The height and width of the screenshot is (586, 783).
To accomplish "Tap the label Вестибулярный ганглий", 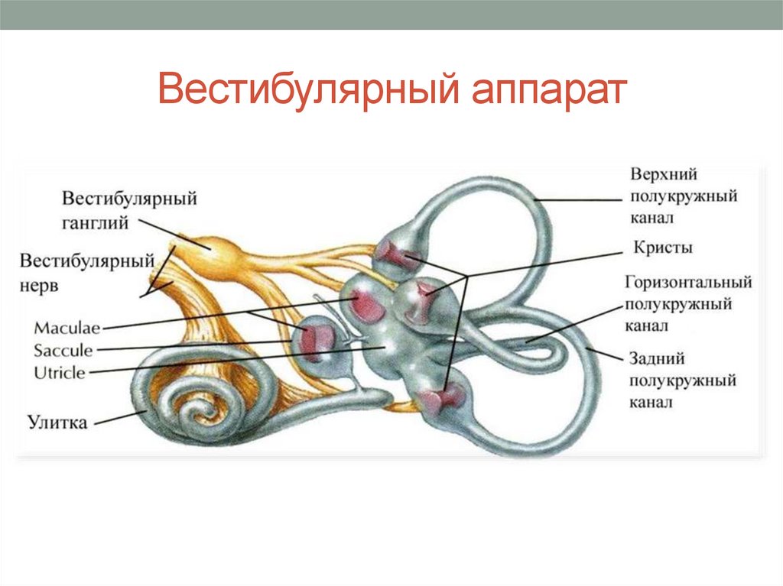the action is click(129, 211).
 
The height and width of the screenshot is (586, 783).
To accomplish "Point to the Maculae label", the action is click(67, 329).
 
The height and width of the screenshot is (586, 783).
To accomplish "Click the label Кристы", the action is click(663, 248).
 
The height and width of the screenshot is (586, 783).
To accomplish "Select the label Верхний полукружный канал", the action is click(683, 196).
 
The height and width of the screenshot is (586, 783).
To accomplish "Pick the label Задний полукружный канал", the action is click(682, 380).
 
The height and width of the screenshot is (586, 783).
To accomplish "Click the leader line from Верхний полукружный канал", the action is click(581, 199).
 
